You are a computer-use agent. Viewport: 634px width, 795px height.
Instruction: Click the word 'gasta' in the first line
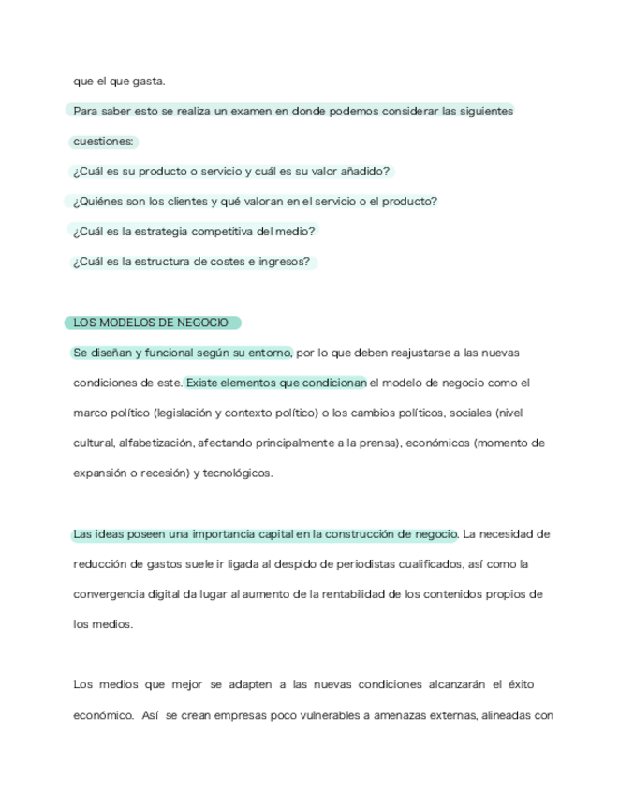click(x=148, y=82)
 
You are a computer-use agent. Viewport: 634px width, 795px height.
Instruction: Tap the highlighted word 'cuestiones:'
click(x=104, y=142)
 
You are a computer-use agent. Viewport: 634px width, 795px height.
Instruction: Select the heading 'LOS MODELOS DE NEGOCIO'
click(x=151, y=322)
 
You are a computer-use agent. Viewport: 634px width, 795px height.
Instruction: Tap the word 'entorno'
click(x=271, y=352)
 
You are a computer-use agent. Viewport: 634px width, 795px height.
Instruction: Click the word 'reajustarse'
click(x=408, y=352)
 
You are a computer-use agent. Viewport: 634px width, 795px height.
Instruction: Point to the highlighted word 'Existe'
click(x=203, y=382)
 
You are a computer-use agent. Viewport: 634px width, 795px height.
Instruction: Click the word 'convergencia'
click(x=107, y=594)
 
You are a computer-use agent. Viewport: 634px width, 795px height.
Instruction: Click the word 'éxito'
click(x=521, y=684)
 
